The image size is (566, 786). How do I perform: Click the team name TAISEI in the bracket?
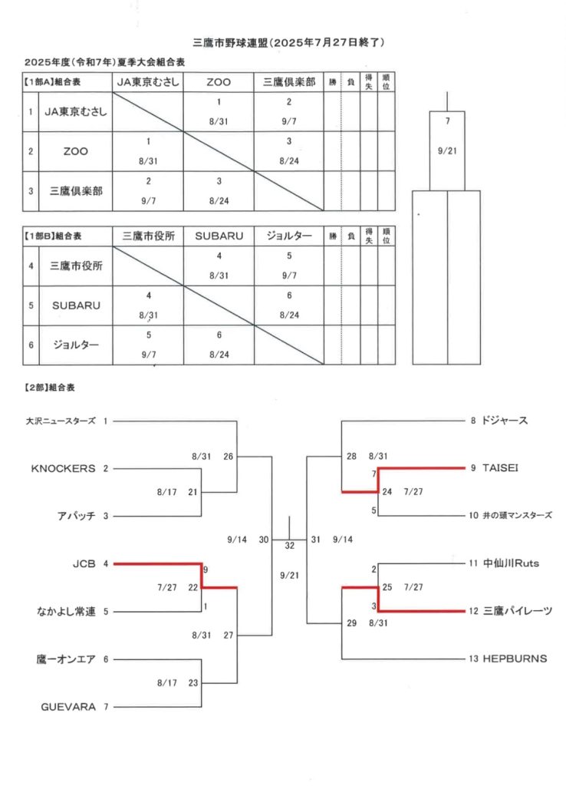[x=500, y=467]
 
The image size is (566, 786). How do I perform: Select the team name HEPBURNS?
[x=515, y=659]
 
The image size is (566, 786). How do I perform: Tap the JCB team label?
[x=84, y=564]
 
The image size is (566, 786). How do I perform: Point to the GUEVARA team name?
[x=68, y=707]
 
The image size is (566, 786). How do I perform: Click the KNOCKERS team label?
[x=63, y=468]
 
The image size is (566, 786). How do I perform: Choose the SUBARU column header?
[x=219, y=236]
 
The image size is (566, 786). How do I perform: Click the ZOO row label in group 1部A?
[x=76, y=151]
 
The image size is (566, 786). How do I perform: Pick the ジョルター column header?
[x=289, y=236]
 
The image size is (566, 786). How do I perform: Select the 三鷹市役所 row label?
[x=76, y=266]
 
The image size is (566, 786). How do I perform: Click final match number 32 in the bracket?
[x=289, y=546]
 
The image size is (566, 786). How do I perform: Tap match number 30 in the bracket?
[x=264, y=540]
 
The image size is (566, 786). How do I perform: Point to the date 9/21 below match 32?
[x=289, y=576]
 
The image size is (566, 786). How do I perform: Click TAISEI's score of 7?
[x=373, y=474]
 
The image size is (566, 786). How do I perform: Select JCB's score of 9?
[x=206, y=570]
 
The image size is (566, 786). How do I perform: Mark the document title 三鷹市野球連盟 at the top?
[x=230, y=43]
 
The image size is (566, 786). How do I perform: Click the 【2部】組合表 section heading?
[x=50, y=388]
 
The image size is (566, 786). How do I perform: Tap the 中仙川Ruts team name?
[x=511, y=563]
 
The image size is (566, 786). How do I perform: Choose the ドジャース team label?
[x=505, y=421]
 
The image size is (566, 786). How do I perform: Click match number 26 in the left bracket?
[x=229, y=456]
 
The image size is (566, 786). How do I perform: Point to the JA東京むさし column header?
[x=148, y=81]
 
